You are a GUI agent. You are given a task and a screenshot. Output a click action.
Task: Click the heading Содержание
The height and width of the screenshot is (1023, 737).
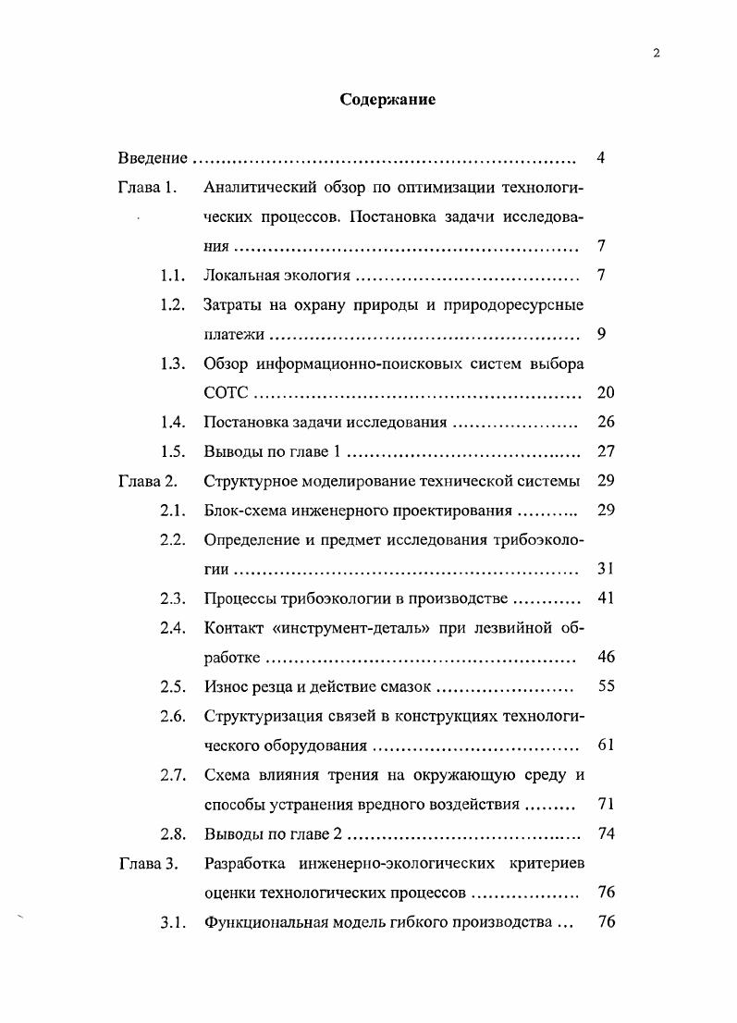click(x=387, y=100)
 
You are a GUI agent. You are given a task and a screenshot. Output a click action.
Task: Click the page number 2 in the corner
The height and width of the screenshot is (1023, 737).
click(x=656, y=53)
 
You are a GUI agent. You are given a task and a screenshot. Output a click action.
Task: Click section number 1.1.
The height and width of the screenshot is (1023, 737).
click(x=173, y=276)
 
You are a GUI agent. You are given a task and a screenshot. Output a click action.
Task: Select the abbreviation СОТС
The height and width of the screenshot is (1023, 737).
click(x=226, y=393)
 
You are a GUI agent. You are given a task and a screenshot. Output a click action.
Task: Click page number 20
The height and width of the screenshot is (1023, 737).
click(x=606, y=393)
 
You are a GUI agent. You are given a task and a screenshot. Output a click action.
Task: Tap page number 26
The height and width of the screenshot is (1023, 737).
click(x=606, y=423)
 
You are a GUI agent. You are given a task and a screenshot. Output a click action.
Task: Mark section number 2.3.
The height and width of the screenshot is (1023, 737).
click(x=173, y=598)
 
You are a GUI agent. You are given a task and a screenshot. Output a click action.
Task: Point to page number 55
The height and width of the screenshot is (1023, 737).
click(x=606, y=687)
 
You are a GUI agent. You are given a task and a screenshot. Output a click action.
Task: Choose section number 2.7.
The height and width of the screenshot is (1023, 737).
click(x=173, y=775)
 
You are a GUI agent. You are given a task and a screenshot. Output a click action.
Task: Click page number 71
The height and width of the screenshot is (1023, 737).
click(x=606, y=804)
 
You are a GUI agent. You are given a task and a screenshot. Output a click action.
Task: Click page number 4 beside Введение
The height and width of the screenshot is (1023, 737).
click(x=601, y=158)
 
